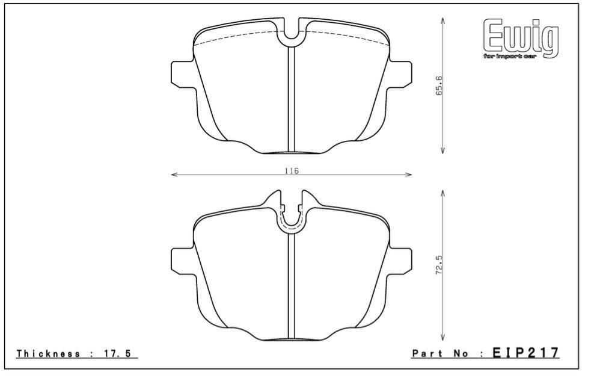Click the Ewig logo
click(521, 37)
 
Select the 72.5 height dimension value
click(439, 264)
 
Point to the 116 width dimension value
click(292, 171)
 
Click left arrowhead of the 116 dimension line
click(174, 175)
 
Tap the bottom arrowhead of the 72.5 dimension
click(443, 338)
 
